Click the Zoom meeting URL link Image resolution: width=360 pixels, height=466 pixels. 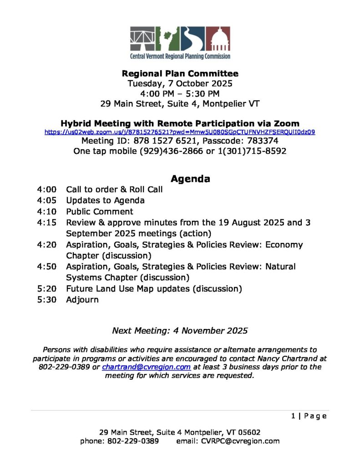pos(180,132)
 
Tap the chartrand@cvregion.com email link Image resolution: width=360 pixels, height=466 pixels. pos(146,367)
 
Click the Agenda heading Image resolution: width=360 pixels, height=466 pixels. pos(190,179)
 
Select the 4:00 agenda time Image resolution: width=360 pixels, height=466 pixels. pos(47,189)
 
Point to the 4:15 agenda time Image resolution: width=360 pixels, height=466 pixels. pos(47,223)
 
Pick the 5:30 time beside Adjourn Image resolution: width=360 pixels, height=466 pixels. pos(47,300)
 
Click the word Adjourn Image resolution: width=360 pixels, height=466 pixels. pos(82,300)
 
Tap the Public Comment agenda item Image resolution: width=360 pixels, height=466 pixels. pos(100,212)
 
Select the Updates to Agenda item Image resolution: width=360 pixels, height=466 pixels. pos(105,201)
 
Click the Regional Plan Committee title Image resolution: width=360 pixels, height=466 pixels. pos(180,73)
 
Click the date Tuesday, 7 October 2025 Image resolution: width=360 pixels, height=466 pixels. pos(180,83)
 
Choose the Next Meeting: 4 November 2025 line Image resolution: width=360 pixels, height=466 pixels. pos(180,331)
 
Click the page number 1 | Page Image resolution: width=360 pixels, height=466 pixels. pos(309,416)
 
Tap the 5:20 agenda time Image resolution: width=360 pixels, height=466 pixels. pos(47,289)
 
